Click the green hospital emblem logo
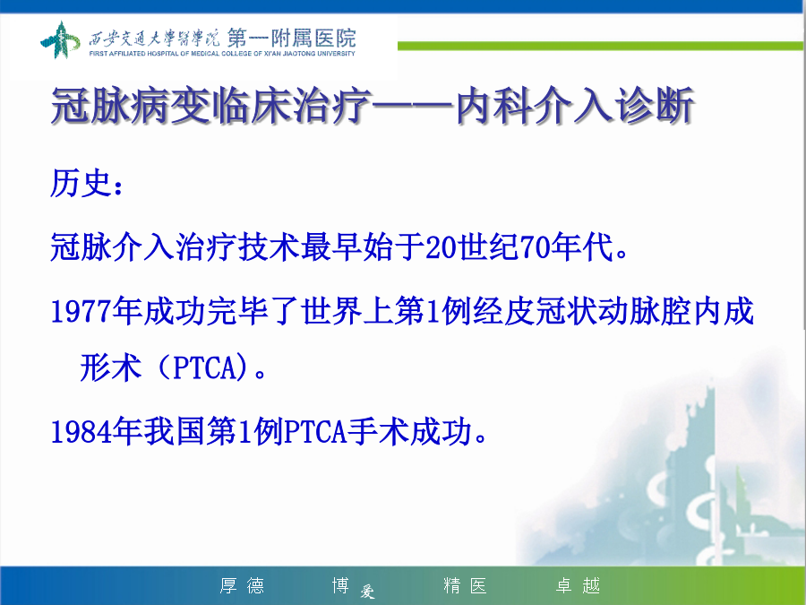60,39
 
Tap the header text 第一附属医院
291,38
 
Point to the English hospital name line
222,54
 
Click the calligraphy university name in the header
154,38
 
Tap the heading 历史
81,183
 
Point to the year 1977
81,312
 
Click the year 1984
81,431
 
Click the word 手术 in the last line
378,431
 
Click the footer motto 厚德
242,585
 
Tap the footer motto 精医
465,585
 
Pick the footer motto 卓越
578,585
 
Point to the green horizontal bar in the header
600,46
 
